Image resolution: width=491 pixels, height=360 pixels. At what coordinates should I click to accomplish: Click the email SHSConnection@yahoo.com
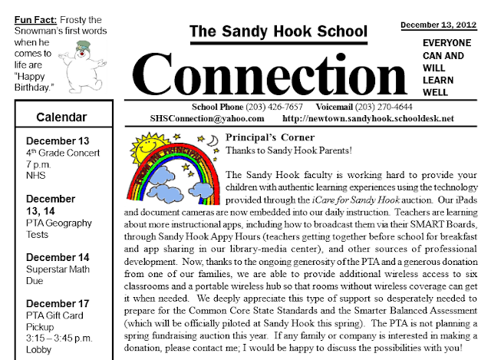(x=209, y=119)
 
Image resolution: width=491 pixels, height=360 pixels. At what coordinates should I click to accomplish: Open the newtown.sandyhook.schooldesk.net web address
(x=369, y=119)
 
